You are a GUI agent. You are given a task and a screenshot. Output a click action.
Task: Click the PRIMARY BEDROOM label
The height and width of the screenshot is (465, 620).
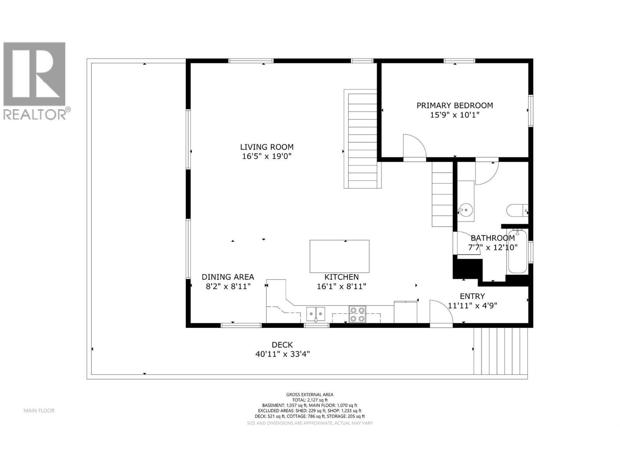pyautogui.click(x=455, y=105)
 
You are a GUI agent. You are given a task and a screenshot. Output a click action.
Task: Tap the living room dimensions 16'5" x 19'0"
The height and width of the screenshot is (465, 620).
pyautogui.click(x=267, y=157)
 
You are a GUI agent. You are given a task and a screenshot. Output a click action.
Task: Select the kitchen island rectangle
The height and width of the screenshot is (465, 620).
pyautogui.click(x=339, y=257)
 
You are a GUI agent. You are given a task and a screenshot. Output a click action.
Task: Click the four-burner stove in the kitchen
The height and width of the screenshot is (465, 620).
pyautogui.click(x=357, y=314)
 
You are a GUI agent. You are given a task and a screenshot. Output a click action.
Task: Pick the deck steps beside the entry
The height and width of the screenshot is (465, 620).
pyautogui.click(x=501, y=351)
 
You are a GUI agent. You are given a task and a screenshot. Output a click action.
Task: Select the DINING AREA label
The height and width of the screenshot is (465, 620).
pyautogui.click(x=228, y=277)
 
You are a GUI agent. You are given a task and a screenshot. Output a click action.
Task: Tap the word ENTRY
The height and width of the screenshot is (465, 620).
pyautogui.click(x=472, y=296)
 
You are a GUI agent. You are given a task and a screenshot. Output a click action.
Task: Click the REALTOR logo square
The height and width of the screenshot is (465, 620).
pyautogui.click(x=34, y=74)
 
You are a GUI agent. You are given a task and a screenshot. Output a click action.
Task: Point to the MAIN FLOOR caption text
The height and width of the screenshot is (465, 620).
pyautogui.click(x=39, y=411)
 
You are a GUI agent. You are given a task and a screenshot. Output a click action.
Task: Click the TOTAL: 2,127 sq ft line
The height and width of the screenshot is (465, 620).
pyautogui.click(x=310, y=400)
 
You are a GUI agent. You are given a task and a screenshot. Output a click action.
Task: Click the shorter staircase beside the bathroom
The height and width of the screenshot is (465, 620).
pyautogui.click(x=443, y=195)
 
